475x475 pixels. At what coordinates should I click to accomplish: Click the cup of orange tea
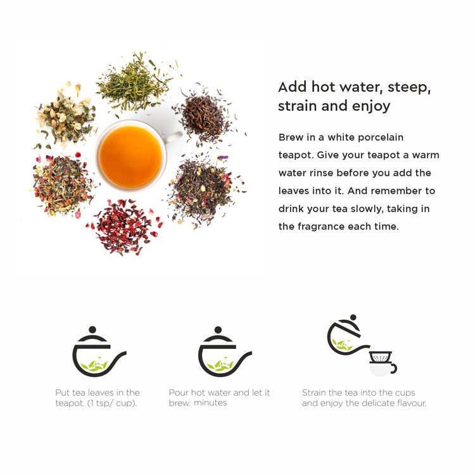131,156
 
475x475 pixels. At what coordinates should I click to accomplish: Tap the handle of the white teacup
174,137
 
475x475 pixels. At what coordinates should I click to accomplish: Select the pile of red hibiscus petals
125,226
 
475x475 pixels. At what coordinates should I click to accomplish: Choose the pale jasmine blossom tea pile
66,117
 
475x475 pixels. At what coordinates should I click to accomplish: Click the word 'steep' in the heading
409,87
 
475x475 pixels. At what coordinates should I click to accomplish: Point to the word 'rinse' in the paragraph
321,173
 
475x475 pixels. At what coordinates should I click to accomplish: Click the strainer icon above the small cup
381,357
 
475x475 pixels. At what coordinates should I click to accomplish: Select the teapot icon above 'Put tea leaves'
98,352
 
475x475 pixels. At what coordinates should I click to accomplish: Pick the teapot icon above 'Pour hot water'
223,352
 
